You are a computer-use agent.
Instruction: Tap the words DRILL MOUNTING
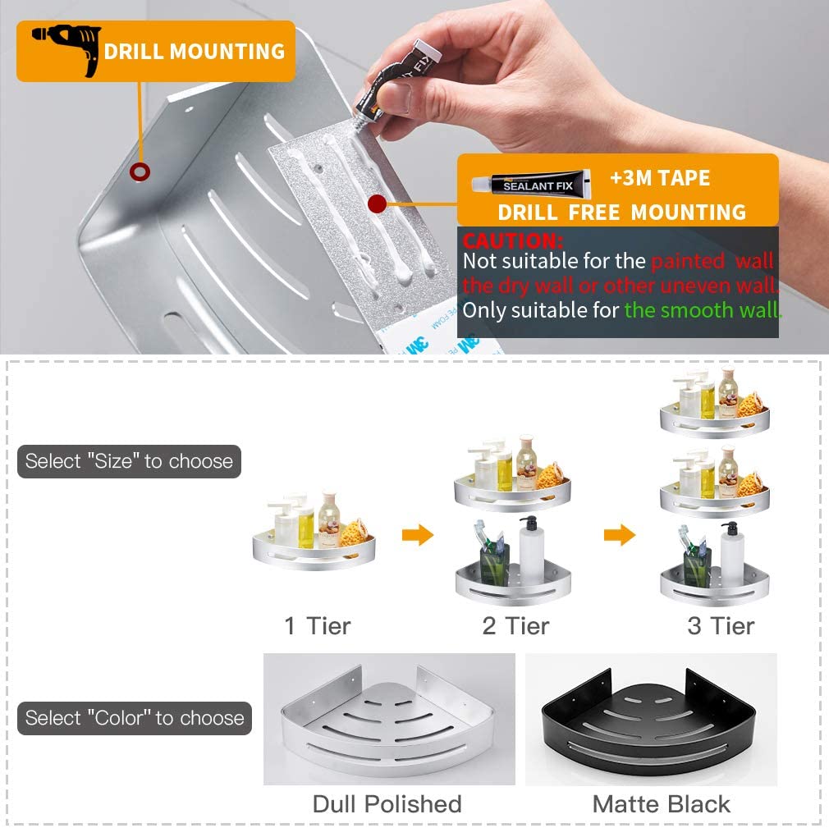tap(195, 52)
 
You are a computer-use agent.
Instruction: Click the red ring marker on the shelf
tap(140, 172)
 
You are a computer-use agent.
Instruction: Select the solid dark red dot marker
tap(377, 204)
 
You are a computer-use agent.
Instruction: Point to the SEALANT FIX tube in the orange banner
tap(531, 185)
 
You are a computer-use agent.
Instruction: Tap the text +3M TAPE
tap(660, 178)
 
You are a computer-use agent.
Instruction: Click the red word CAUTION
tap(512, 241)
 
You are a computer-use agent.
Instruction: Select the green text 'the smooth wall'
tap(703, 310)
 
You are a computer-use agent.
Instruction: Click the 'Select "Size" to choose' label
tap(129, 461)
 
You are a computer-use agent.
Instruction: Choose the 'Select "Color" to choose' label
tap(135, 718)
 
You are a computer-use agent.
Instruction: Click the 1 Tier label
tap(317, 626)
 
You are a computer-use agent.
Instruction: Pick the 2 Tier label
tap(515, 626)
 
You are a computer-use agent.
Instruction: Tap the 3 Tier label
tap(721, 626)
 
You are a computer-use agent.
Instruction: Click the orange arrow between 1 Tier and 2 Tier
tap(418, 534)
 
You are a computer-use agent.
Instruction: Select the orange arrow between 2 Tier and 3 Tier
tap(620, 534)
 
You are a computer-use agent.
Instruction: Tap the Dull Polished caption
tap(387, 804)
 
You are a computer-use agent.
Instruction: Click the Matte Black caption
tap(662, 804)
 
